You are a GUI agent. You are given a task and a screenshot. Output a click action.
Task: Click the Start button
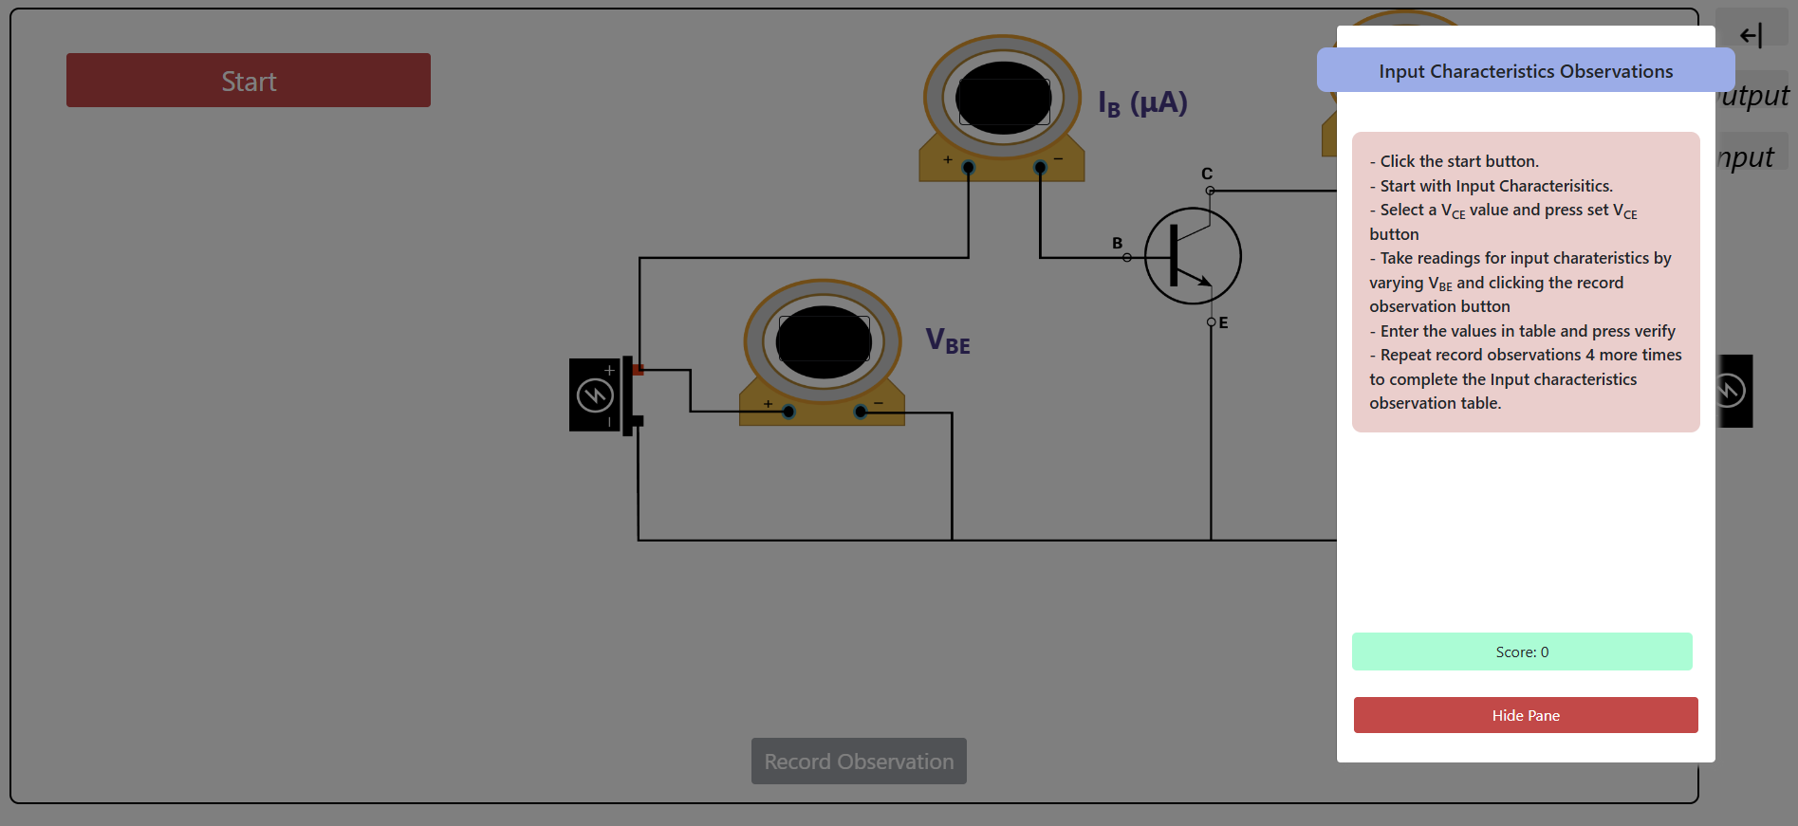click(248, 81)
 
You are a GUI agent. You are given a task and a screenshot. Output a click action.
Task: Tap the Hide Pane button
click(1525, 715)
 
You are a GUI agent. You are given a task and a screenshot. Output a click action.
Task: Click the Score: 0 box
click(1521, 652)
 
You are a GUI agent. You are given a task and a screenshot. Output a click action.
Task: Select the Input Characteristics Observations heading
click(1525, 71)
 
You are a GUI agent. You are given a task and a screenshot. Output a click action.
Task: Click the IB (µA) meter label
click(1142, 103)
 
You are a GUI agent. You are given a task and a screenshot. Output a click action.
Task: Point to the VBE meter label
click(947, 340)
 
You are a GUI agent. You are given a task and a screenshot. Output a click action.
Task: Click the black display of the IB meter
click(1003, 98)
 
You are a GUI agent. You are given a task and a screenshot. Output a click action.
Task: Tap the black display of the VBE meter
click(823, 341)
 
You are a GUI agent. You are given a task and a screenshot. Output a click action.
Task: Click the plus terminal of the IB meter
click(968, 168)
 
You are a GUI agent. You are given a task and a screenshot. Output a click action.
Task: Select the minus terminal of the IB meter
click(1040, 168)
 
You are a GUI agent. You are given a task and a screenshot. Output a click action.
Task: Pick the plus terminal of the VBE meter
click(788, 412)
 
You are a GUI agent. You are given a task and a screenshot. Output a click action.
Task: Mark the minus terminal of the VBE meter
click(860, 412)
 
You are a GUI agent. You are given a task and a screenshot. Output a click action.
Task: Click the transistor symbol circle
click(1193, 256)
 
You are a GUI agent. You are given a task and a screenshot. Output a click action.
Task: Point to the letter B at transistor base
click(1117, 243)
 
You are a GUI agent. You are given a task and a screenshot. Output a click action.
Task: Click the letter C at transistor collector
click(1206, 174)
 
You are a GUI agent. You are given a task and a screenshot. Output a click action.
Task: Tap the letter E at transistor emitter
click(1223, 322)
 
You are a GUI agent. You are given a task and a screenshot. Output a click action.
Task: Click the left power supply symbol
click(595, 395)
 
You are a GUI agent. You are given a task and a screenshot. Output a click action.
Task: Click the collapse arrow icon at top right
click(1751, 35)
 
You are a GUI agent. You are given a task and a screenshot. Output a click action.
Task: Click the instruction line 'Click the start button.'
click(1458, 161)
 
